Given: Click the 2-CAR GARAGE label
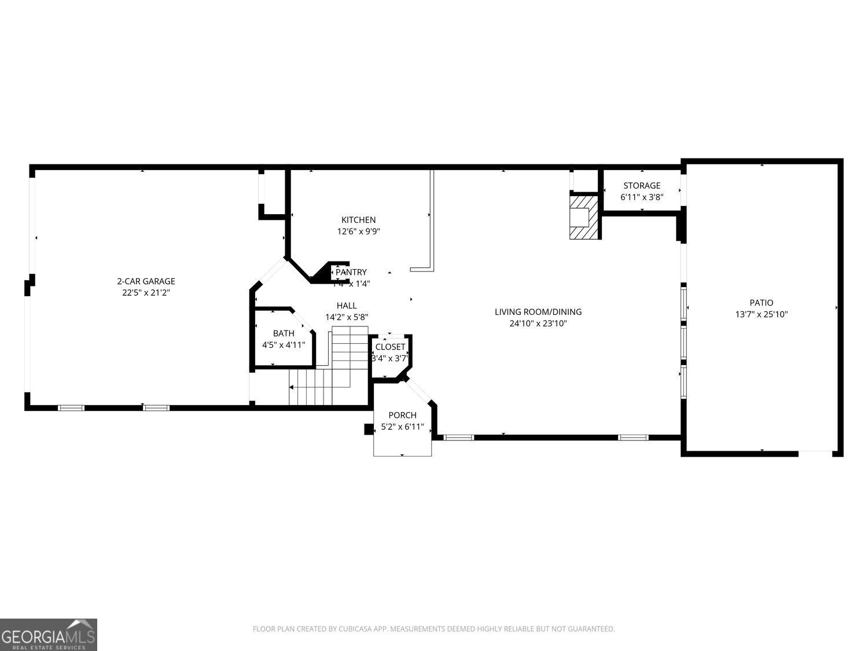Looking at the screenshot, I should pyautogui.click(x=146, y=281).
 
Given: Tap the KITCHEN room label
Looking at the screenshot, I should pyautogui.click(x=358, y=220).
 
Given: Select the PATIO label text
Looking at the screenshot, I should pyautogui.click(x=761, y=303).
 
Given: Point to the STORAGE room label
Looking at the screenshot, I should pyautogui.click(x=641, y=186).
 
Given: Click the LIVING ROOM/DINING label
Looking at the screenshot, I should pyautogui.click(x=538, y=312).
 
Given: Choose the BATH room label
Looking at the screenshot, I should pyautogui.click(x=284, y=333).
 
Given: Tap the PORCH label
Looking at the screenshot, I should pyautogui.click(x=402, y=415).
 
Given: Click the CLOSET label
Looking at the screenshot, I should pyautogui.click(x=390, y=347).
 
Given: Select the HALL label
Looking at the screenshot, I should pyautogui.click(x=347, y=306).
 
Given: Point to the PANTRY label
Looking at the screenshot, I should pyautogui.click(x=351, y=272).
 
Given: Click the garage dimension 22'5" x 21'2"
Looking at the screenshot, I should pyautogui.click(x=146, y=293).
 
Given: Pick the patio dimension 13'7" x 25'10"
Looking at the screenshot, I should pyautogui.click(x=761, y=315).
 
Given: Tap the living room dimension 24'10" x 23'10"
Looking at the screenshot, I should pyautogui.click(x=538, y=323).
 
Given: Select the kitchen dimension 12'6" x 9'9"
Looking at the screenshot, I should pyautogui.click(x=358, y=231).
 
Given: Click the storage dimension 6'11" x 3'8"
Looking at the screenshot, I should pyautogui.click(x=641, y=197).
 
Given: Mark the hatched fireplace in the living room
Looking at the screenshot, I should pyautogui.click(x=582, y=217).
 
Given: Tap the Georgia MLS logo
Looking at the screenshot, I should pyautogui.click(x=49, y=635).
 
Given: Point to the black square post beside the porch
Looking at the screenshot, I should pyautogui.click(x=368, y=429).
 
